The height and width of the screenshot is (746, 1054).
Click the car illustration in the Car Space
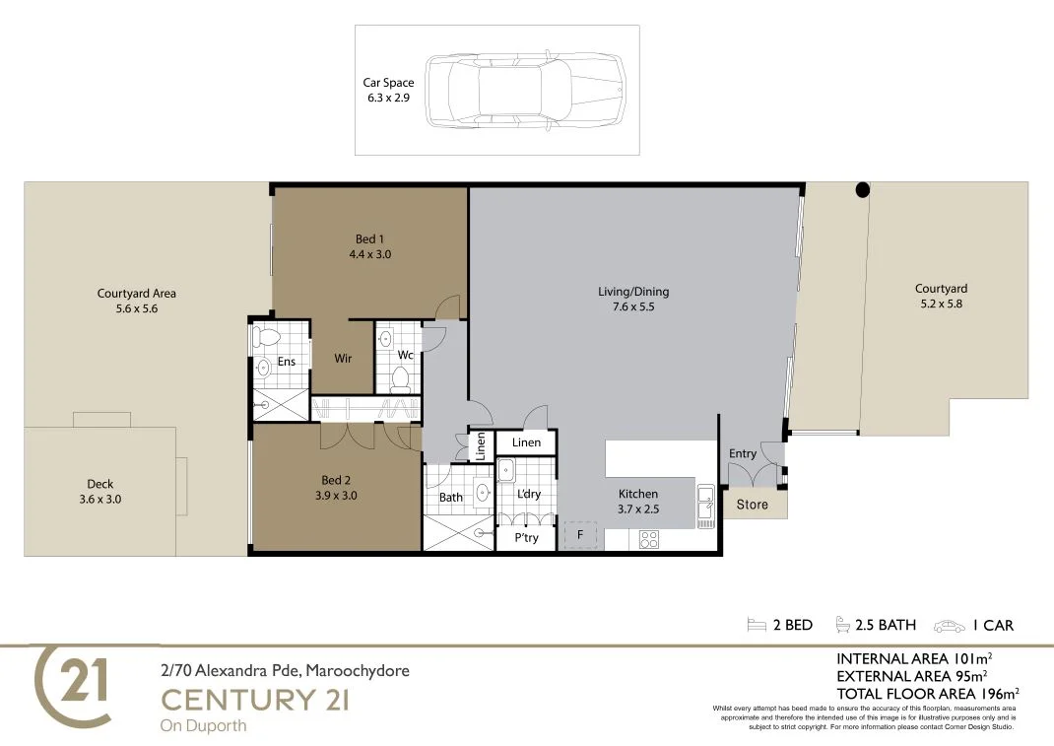point(526,91)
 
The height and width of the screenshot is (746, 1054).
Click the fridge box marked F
point(579,535)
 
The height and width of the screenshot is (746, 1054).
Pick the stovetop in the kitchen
point(650,539)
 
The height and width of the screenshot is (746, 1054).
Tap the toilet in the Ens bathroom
point(264,337)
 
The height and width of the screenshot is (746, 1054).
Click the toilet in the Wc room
point(400,377)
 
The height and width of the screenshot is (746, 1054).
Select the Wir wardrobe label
point(343,359)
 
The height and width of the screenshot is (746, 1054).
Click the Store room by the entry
point(753,505)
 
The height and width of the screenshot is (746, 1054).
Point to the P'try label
point(527,538)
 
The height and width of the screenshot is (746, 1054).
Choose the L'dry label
point(529,494)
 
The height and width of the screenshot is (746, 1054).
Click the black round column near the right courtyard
point(862,189)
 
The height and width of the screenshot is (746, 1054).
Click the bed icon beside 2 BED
point(757,625)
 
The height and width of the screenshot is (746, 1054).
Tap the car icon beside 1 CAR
point(950,626)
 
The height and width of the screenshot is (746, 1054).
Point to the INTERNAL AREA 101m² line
point(913,658)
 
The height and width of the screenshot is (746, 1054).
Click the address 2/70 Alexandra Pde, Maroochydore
point(285,671)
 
